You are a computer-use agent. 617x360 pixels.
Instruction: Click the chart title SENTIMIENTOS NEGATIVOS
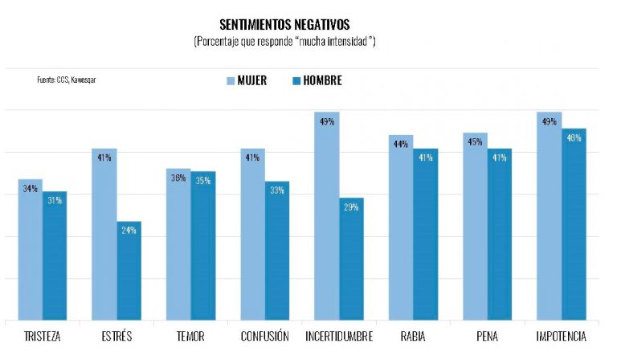tap(284, 25)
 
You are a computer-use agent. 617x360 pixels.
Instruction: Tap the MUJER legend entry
tap(246, 80)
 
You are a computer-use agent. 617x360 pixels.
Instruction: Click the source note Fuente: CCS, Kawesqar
tap(60, 80)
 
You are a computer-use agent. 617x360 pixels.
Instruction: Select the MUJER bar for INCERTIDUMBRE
tap(326, 217)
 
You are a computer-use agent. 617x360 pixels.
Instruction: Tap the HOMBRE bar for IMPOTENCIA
tap(574, 225)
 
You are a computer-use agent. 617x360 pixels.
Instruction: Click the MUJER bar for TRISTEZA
tap(31, 250)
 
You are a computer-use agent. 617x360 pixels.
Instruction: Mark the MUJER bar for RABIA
tap(401, 228)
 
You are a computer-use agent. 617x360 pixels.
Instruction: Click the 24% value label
tap(129, 231)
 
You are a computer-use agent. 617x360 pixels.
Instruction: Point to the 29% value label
tap(351, 207)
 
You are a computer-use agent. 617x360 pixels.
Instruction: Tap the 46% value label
tap(574, 138)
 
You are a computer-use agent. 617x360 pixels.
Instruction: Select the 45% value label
tap(475, 142)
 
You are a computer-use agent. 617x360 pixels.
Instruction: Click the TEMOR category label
tap(190, 336)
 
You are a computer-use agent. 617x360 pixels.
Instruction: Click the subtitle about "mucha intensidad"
tap(284, 41)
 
